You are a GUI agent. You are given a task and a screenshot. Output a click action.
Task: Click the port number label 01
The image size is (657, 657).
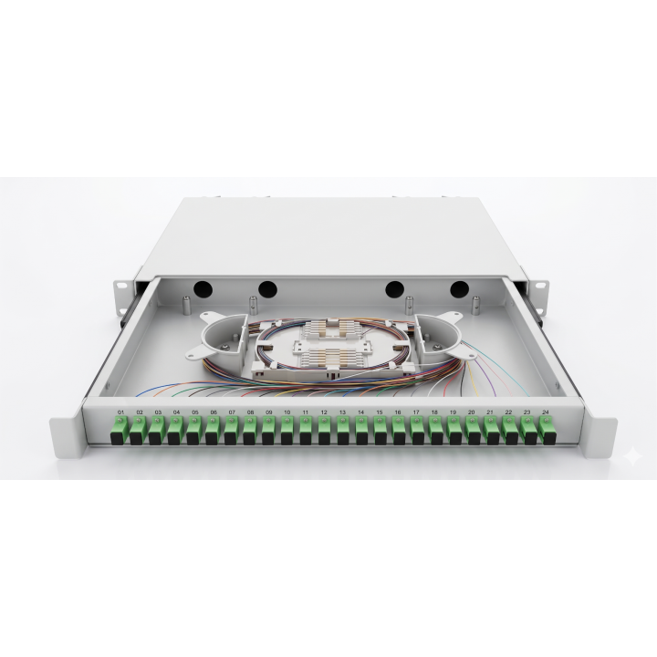[120, 412]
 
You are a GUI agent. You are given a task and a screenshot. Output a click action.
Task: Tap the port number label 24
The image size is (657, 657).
[545, 412]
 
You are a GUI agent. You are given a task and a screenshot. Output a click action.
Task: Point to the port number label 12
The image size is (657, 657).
[323, 412]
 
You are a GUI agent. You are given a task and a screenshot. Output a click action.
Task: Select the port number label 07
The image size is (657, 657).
[231, 412]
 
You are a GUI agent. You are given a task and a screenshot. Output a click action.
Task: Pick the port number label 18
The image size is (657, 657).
[433, 412]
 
